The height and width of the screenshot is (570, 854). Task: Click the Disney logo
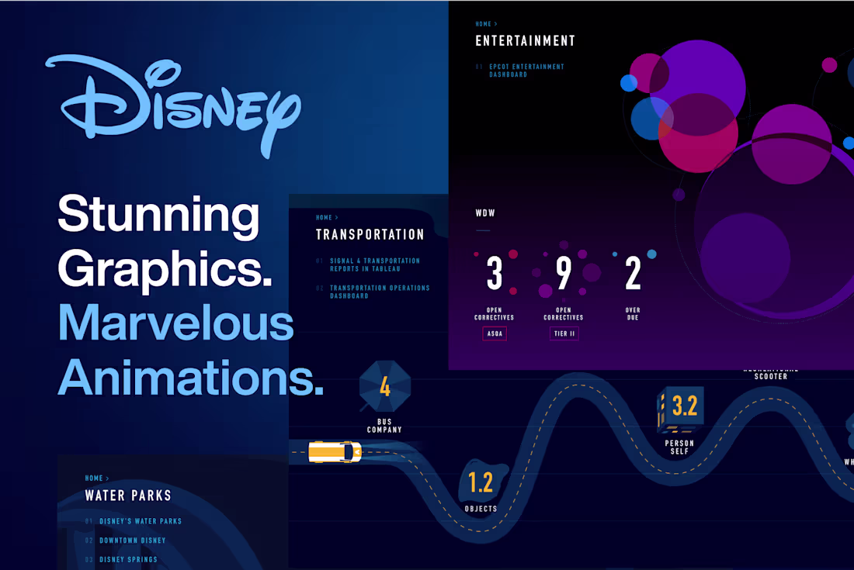click(173, 104)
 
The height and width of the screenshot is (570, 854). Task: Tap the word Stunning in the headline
click(158, 215)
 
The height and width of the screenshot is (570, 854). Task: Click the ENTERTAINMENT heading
click(525, 41)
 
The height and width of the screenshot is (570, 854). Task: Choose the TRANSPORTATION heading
click(370, 234)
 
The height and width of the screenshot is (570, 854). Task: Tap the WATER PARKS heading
click(128, 495)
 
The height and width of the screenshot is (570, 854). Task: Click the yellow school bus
click(335, 452)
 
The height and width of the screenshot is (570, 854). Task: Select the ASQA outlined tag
click(495, 333)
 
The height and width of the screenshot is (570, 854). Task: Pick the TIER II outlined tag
click(564, 333)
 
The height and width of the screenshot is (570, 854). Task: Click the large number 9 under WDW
click(564, 274)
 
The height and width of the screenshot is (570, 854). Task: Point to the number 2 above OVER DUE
click(633, 274)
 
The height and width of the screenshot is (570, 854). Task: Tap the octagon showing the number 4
click(384, 386)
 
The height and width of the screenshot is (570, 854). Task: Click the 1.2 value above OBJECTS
click(481, 483)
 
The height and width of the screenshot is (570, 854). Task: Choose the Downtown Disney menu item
click(132, 541)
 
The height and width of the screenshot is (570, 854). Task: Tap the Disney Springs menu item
click(128, 559)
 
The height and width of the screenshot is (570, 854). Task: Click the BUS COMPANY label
click(384, 426)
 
